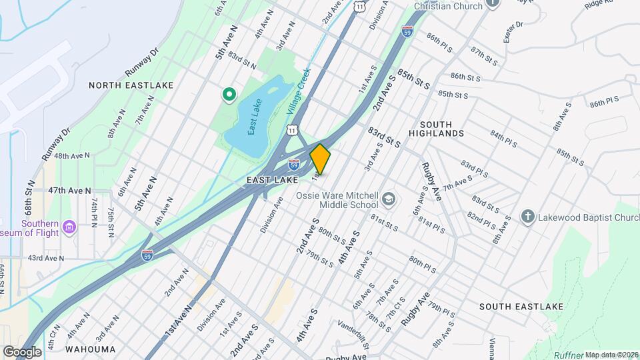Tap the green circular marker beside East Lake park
tap(229, 95)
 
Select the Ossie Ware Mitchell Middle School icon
tap(388, 199)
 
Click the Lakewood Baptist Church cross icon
tap(527, 217)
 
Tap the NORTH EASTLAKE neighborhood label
tap(131, 85)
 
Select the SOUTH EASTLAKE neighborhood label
tap(521, 307)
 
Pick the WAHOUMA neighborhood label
tap(91, 349)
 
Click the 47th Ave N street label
tap(69, 191)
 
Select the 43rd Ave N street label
tap(46, 258)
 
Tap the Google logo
tap(23, 352)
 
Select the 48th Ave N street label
tap(72, 156)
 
